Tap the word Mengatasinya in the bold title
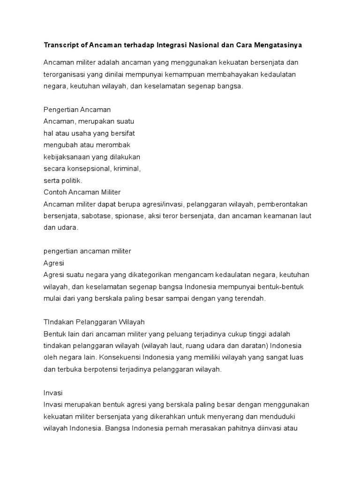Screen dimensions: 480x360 pos(278,45)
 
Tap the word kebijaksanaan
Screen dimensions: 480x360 pos(67,157)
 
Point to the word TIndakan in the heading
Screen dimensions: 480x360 pos(59,322)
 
